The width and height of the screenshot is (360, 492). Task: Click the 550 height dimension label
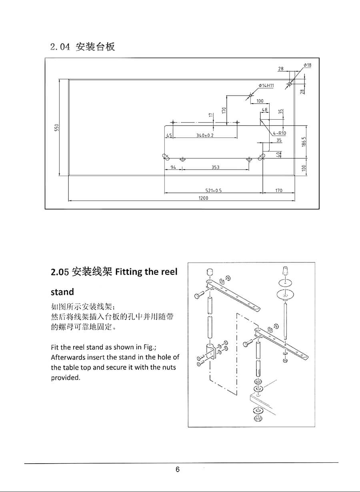57,127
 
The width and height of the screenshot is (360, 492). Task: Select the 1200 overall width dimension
203,198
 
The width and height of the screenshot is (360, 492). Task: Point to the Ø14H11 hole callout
266,86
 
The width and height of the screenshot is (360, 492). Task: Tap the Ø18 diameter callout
308,65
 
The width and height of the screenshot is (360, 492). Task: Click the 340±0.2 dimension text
205,136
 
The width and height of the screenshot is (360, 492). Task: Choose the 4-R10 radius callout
279,133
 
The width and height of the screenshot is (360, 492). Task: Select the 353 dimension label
216,167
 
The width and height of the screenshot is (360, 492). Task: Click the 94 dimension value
173,167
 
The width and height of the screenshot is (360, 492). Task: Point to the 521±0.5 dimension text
214,190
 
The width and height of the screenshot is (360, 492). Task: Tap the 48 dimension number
264,109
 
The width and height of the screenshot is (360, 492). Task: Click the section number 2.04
60,47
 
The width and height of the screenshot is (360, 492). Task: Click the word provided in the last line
65,378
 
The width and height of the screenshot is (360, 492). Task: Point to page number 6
177,470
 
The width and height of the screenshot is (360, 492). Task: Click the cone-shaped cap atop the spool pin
285,271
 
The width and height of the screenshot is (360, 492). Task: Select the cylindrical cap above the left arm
209,272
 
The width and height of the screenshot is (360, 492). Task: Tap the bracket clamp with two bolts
211,352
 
